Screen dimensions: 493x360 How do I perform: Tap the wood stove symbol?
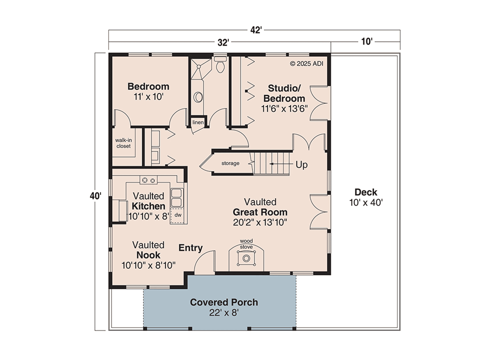[246, 258]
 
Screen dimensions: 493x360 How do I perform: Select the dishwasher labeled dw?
[178, 215]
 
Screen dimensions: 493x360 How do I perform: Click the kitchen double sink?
[177, 197]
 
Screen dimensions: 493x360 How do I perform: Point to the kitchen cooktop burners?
[149, 180]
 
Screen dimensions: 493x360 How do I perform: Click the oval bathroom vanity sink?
[198, 97]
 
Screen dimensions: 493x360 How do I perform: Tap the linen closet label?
[198, 122]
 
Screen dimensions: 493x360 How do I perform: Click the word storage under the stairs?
[230, 164]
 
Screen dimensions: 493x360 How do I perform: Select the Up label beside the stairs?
[302, 165]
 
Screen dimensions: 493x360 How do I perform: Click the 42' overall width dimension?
[256, 30]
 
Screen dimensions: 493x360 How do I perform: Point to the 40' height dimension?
[95, 196]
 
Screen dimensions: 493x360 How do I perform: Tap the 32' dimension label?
[223, 42]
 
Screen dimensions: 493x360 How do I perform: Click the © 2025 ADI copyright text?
[306, 64]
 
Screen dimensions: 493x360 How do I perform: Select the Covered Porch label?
[224, 302]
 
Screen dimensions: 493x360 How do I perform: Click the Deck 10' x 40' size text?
[366, 203]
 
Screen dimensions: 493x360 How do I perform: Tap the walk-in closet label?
[124, 143]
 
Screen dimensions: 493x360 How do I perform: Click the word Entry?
[191, 248]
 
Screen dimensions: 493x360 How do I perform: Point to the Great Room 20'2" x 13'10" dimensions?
[260, 222]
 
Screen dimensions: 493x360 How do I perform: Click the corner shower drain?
[199, 66]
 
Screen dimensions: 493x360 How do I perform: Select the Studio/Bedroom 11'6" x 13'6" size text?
[284, 108]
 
